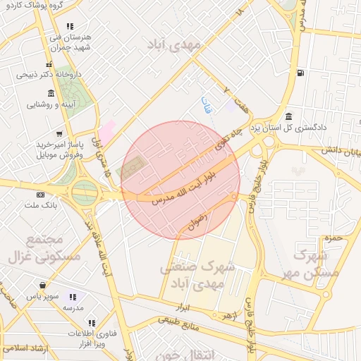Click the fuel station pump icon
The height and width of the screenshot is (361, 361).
pyautogui.click(x=302, y=73)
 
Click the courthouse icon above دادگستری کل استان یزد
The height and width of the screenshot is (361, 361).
pyautogui.click(x=288, y=116)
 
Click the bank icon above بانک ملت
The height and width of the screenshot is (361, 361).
pyautogui.click(x=40, y=195)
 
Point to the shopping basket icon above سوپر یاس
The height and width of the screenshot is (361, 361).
pyautogui.click(x=44, y=286)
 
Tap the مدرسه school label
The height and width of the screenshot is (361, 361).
pyautogui.click(x=73, y=309)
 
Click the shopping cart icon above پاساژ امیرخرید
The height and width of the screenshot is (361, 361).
pyautogui.click(x=59, y=133)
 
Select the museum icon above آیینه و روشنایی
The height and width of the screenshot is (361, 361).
pyautogui.click(x=51, y=93)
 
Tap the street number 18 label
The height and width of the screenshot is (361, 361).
pyautogui.click(x=241, y=12)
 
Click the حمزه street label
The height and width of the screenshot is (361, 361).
pyautogui.click(x=334, y=238)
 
